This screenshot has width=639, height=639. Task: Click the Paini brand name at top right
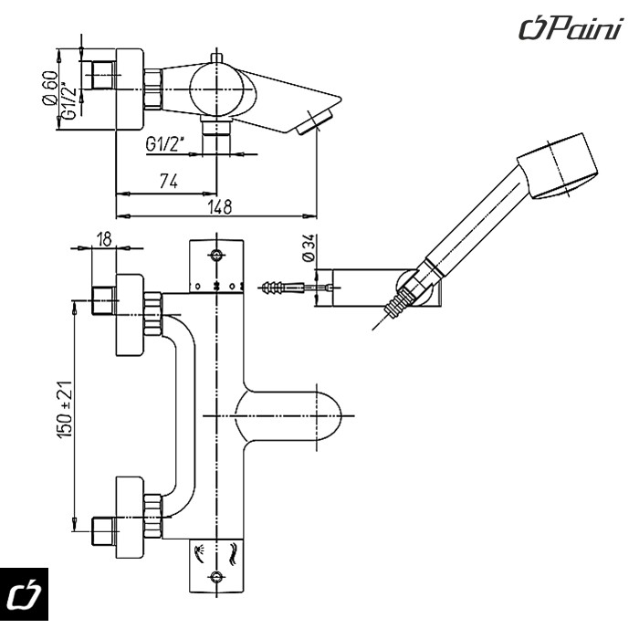(x=571, y=28)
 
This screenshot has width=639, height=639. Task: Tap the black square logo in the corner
(x=24, y=593)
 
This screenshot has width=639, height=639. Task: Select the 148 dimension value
(x=220, y=207)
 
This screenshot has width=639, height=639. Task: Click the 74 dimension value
(x=168, y=181)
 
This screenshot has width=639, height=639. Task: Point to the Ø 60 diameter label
(x=49, y=88)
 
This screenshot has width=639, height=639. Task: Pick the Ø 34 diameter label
(x=309, y=247)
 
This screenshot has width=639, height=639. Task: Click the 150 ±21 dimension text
(x=65, y=410)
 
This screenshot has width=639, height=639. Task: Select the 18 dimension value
(x=104, y=239)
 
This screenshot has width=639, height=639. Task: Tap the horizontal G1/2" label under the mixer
(x=164, y=144)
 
